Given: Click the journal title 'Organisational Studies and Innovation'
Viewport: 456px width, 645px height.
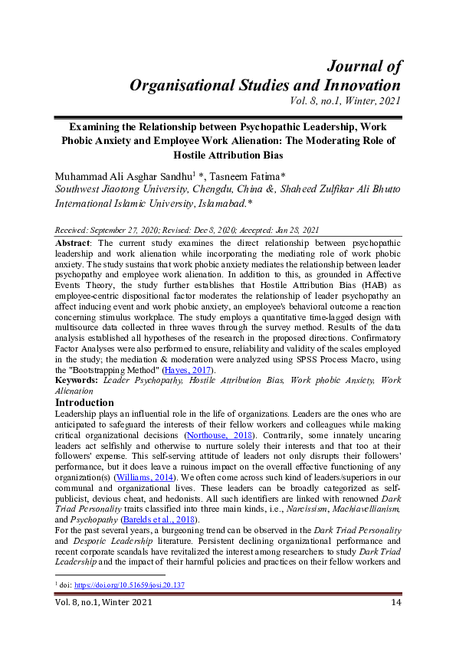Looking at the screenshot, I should tap(264, 84).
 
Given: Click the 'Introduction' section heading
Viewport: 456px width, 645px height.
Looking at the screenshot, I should tap(85, 403).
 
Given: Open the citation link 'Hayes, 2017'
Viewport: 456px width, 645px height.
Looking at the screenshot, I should tap(192, 371).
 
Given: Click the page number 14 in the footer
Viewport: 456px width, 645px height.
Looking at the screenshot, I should tap(395, 602).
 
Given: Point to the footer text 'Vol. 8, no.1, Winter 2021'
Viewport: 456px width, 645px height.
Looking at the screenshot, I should tap(103, 602).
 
